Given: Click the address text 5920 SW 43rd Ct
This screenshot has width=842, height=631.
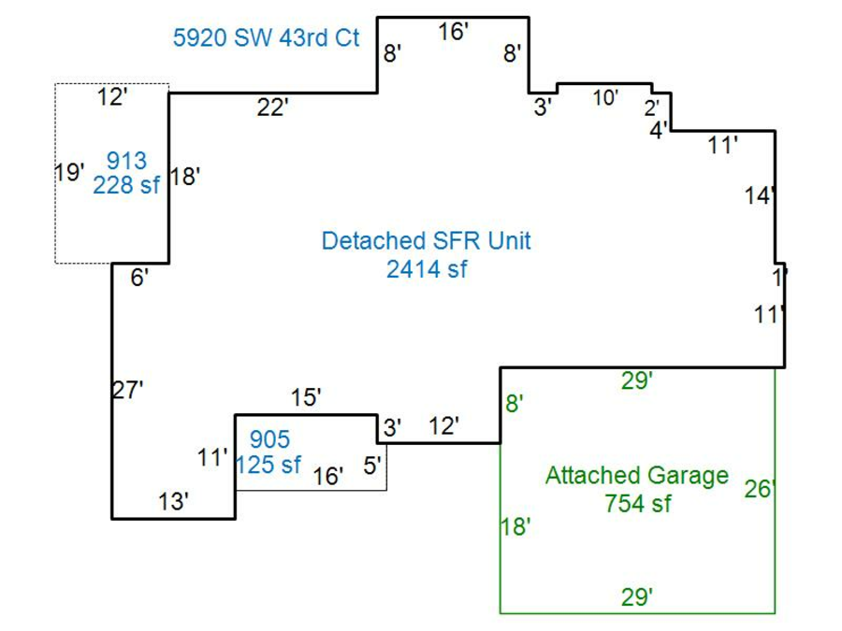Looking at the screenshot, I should coord(267,38).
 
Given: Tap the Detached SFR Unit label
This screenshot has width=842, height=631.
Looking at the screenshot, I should coord(426,241).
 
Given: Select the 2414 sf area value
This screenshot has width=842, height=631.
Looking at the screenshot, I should coord(426,270).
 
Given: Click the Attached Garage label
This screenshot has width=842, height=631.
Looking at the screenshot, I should coord(636,476).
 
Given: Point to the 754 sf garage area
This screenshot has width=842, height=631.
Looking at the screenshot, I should coord(637,503).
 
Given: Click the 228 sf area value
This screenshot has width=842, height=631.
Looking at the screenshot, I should coord(125,184).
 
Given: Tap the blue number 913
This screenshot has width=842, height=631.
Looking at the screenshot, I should coord(126,161).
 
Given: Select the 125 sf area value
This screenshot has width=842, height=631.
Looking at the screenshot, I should coord(269,464).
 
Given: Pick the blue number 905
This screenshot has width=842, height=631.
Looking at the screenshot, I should coord(269,439).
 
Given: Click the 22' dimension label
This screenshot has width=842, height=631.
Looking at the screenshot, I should coord(272,108).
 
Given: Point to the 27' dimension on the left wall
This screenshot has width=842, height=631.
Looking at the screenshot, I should coord(127,391).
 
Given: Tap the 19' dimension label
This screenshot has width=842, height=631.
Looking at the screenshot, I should coord(69,172).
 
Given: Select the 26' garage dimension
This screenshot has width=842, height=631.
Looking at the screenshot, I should coord(759,489).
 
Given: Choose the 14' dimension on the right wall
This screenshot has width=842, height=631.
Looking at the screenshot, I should coord(760,196).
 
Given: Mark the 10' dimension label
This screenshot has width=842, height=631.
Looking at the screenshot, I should coord(605,97).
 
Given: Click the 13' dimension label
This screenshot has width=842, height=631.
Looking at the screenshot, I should coord(174,502).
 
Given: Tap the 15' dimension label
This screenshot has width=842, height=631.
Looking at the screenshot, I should coord(306,398).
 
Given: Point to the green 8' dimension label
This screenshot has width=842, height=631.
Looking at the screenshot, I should coord(514,404).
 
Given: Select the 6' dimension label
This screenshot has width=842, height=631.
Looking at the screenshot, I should coord(139,278).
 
